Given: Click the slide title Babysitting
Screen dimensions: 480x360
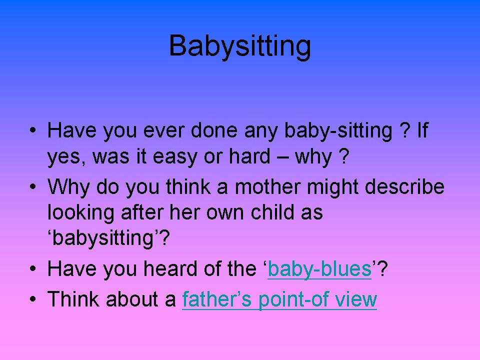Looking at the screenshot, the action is point(240,46).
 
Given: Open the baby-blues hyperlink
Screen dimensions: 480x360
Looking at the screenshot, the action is point(319,269).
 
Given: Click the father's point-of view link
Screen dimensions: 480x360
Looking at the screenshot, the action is point(279,299).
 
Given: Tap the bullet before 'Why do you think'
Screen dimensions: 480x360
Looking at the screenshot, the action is point(33,186).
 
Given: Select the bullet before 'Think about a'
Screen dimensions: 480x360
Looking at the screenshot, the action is point(33,299).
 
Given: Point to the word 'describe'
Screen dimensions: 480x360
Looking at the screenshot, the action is point(404,186).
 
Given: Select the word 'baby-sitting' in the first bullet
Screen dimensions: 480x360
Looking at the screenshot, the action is point(338,130).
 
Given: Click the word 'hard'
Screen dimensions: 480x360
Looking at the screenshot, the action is point(250,156).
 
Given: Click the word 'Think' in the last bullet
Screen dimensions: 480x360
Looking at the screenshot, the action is point(73,299).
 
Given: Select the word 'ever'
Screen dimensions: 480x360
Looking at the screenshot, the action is point(164,130).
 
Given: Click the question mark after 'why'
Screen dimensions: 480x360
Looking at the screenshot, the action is point(344,156).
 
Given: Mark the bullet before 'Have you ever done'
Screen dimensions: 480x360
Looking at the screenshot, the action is point(33,130).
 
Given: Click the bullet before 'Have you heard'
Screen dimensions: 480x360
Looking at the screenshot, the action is point(33,268).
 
